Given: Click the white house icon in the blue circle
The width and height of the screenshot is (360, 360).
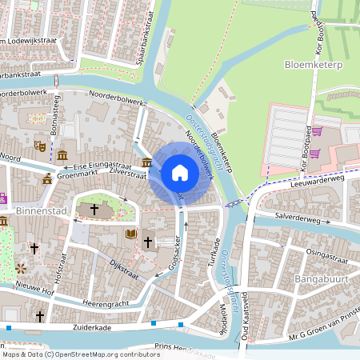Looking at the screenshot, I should [180, 173].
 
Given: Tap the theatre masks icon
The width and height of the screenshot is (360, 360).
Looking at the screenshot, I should [38, 146].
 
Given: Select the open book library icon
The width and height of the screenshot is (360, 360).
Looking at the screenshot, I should [131, 234].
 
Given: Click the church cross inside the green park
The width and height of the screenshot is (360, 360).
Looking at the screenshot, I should [94, 210].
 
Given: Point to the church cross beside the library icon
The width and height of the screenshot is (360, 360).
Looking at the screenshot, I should [147, 241].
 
